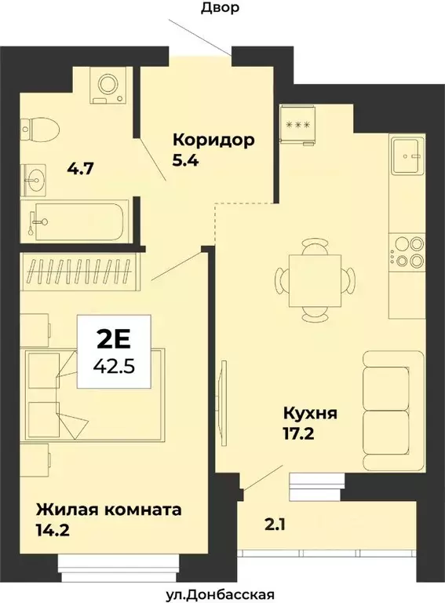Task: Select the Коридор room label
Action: (x=214, y=141)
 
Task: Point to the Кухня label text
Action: (x=312, y=411)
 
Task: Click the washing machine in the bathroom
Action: (x=104, y=85)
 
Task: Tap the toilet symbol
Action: (x=39, y=128)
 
